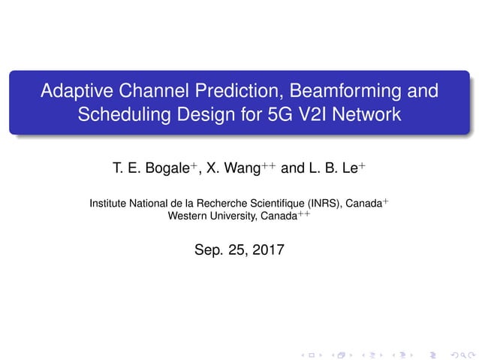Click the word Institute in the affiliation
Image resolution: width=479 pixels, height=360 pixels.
pyautogui.click(x=109, y=203)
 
